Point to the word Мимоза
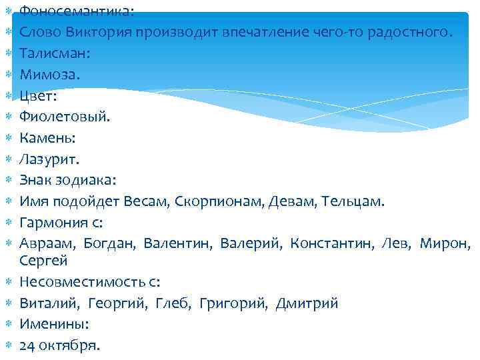(49, 75)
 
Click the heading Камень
(47, 138)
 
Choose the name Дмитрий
(307, 303)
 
